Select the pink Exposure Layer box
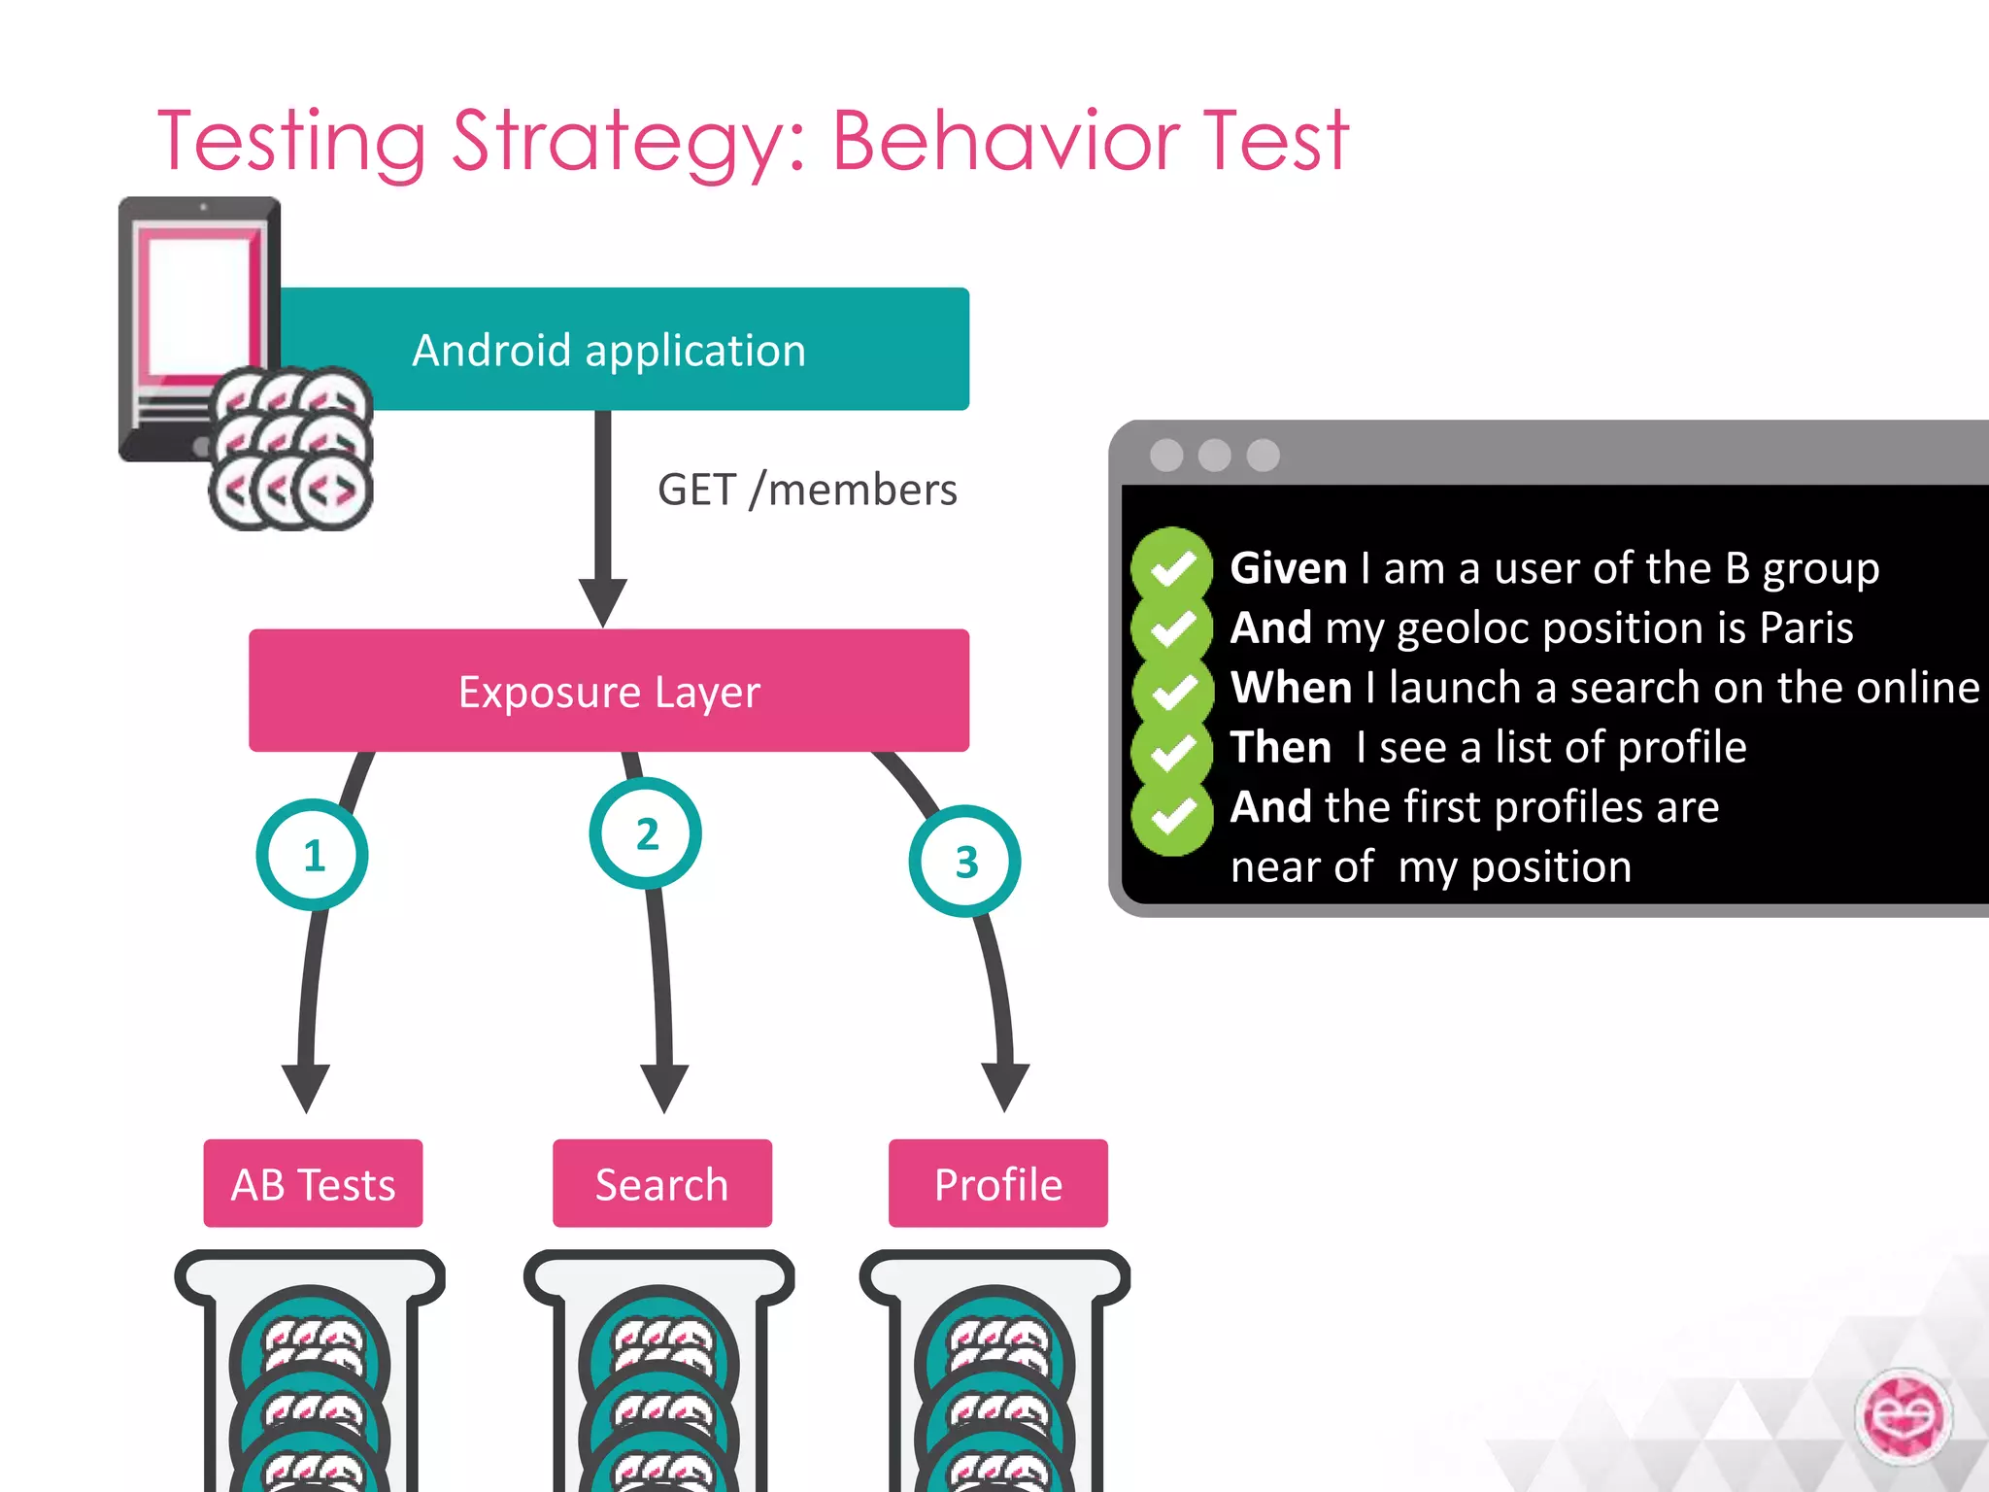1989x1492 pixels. pos(609,691)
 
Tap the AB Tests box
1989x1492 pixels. pos(313,1184)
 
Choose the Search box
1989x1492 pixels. pos(661,1184)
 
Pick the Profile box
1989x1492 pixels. pos(997,1184)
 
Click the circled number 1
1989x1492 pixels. pos(313,855)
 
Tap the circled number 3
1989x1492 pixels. pos(965,862)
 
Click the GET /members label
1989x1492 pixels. pos(807,490)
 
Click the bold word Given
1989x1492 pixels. pos(1288,568)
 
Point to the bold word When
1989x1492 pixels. pos(1291,688)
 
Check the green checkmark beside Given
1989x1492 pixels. pos(1172,568)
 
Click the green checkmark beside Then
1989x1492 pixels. pos(1172,750)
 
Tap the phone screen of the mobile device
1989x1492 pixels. pos(199,301)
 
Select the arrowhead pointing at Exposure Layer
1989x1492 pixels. pos(603,602)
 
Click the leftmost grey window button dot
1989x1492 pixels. pos(1166,455)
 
